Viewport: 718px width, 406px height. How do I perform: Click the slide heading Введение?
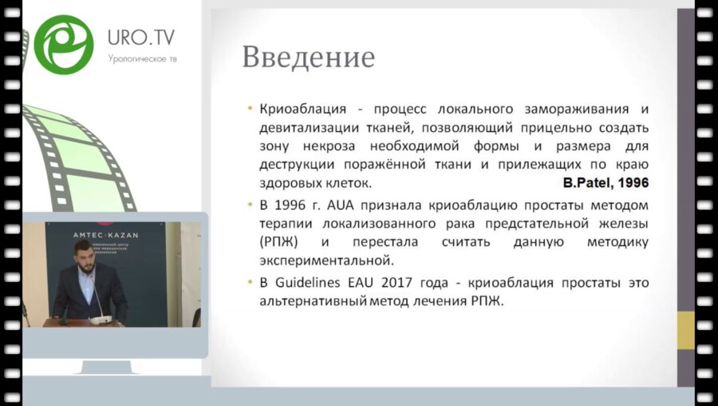[x=308, y=58]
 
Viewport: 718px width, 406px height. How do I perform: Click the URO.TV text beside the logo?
[x=141, y=37]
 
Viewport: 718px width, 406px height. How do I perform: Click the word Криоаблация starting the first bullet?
[x=296, y=109]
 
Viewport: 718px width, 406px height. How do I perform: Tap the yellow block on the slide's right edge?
[x=685, y=330]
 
